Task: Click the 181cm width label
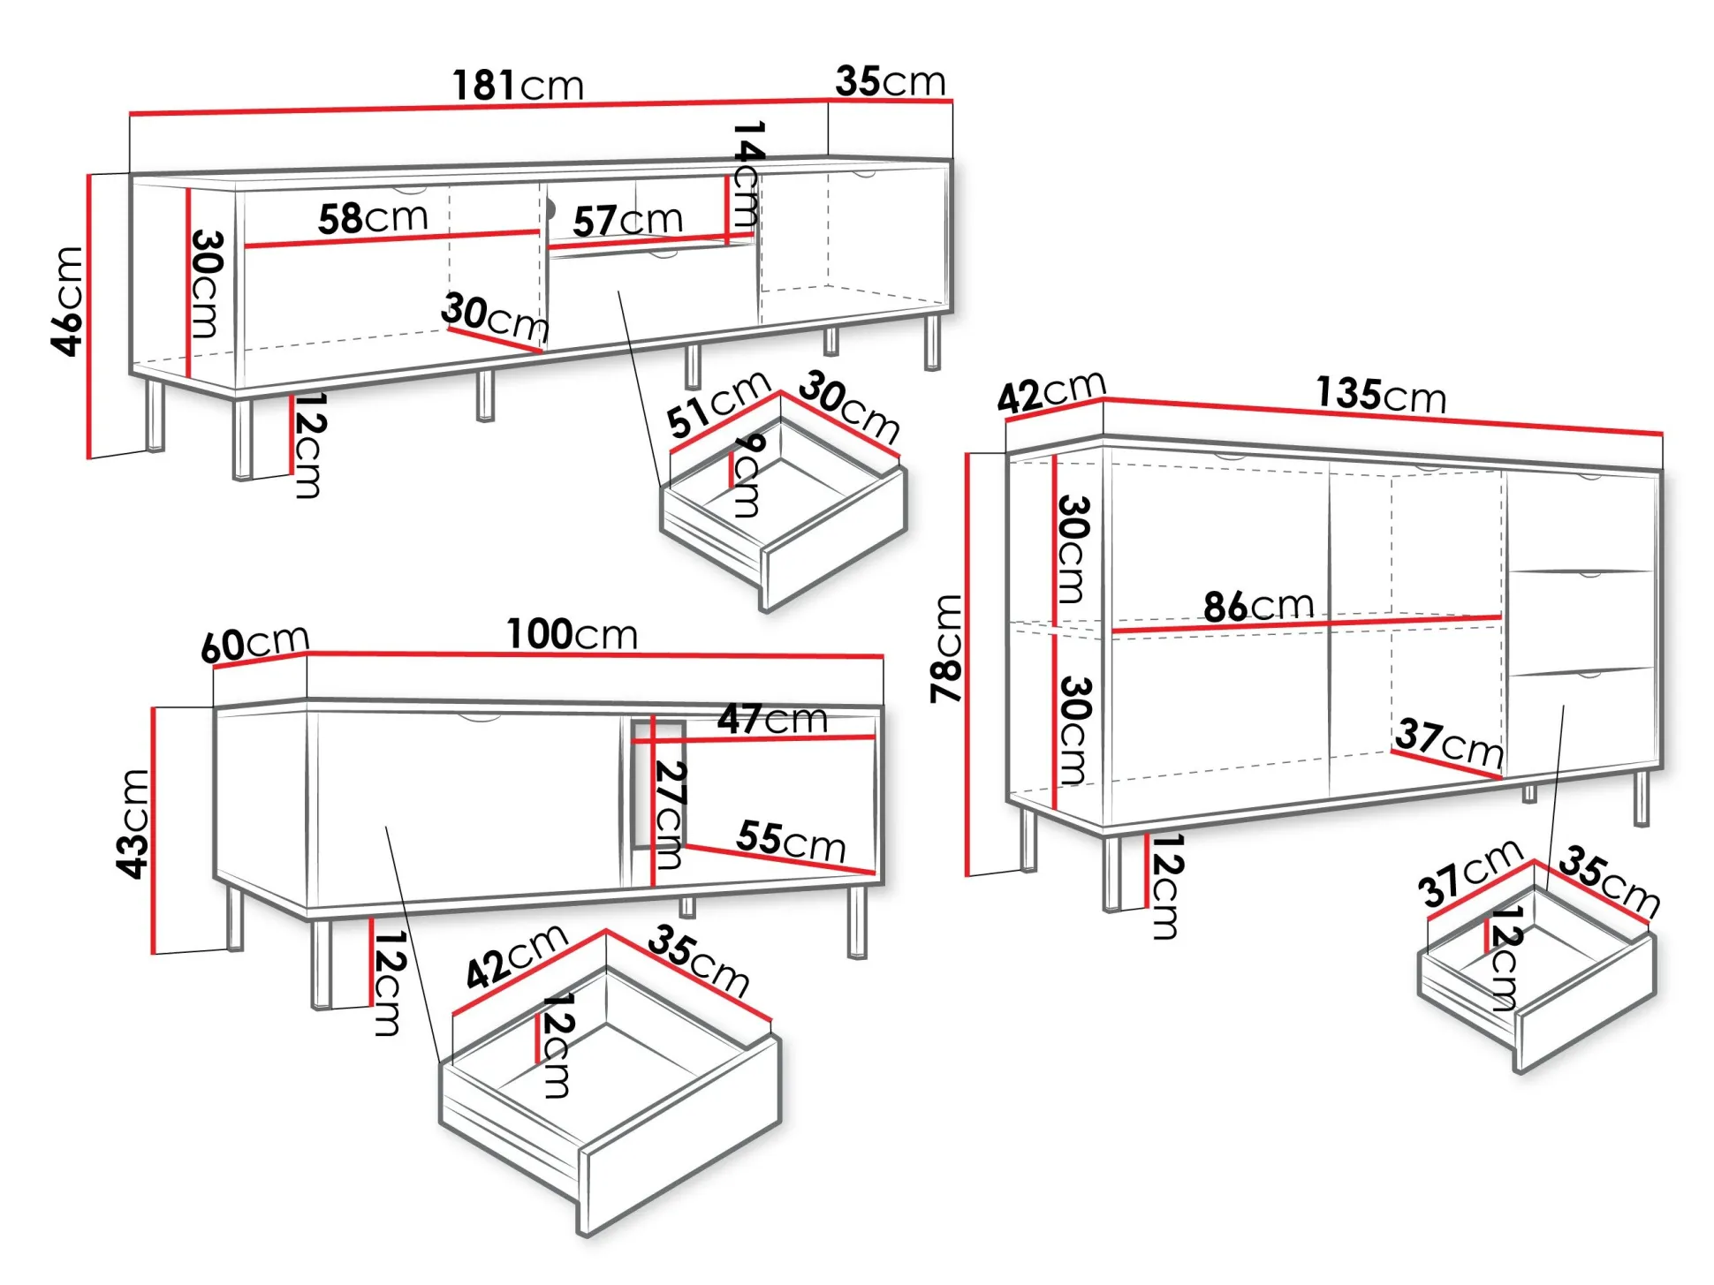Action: (519, 86)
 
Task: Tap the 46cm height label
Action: (67, 301)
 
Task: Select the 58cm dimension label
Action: (373, 217)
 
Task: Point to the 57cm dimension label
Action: (627, 220)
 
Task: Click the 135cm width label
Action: (1381, 394)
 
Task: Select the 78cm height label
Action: (945, 649)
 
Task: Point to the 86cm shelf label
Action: (1258, 606)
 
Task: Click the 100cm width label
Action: (572, 634)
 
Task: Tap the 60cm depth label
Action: (255, 643)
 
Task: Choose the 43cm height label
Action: (133, 824)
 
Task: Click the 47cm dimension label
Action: (772, 719)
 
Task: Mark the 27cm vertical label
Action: (671, 815)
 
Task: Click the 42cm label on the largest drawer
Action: (516, 956)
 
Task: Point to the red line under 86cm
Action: (1306, 624)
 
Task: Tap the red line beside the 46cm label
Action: (89, 316)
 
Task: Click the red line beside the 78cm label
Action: (967, 664)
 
